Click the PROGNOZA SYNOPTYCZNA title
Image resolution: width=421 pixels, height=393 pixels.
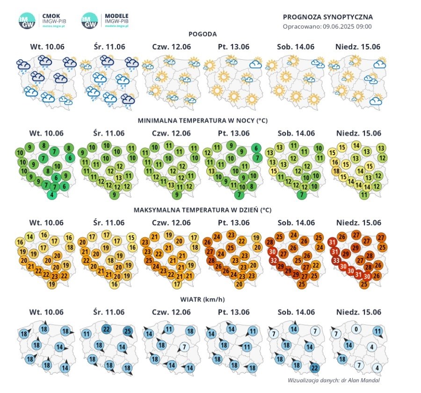327,17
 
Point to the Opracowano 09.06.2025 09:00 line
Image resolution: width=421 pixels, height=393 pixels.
327,26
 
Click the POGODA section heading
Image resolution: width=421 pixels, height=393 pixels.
203,34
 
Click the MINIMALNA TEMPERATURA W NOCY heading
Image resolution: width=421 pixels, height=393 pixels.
203,121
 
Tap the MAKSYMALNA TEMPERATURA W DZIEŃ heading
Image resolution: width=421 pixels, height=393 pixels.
203,209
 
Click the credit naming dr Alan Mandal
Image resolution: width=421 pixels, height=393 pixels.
334,380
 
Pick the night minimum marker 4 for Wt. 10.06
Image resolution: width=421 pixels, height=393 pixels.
52,195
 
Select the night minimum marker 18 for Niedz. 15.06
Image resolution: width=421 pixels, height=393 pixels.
336,171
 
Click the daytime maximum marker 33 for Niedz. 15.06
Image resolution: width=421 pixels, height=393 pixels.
336,260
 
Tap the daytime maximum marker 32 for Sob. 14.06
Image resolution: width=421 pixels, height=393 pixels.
274,260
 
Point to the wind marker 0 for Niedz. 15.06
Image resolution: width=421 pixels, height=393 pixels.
356,329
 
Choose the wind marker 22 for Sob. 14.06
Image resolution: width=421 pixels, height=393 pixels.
314,368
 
